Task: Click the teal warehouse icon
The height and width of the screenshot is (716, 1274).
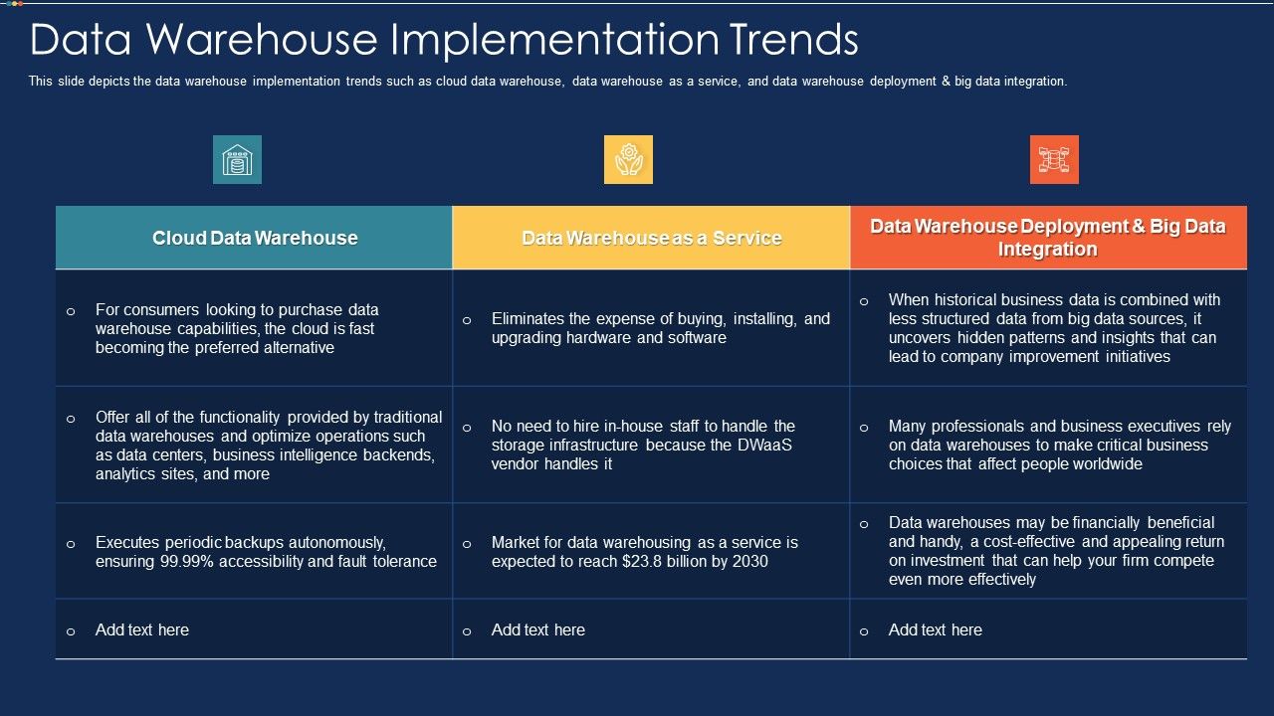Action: click(x=237, y=160)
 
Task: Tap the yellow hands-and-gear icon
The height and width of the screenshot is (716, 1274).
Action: click(x=628, y=160)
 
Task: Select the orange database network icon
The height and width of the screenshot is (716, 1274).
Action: click(x=1054, y=160)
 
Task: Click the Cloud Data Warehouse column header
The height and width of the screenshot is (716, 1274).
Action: click(x=254, y=238)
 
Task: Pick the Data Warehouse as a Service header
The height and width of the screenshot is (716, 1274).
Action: click(x=651, y=238)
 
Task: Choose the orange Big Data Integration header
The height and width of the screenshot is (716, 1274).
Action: click(x=1048, y=238)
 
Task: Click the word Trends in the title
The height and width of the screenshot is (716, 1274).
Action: click(x=793, y=40)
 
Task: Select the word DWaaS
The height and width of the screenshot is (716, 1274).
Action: click(x=764, y=445)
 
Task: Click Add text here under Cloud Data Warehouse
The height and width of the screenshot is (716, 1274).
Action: click(x=142, y=629)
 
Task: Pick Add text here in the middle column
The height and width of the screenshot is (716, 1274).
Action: click(x=538, y=629)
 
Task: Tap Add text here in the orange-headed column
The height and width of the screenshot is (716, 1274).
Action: click(x=935, y=629)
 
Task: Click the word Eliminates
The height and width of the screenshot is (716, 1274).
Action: click(x=528, y=319)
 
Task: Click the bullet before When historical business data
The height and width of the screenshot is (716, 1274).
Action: click(x=864, y=301)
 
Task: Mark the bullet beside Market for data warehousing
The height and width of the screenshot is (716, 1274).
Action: click(x=467, y=544)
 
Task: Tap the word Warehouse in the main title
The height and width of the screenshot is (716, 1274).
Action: click(x=262, y=40)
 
